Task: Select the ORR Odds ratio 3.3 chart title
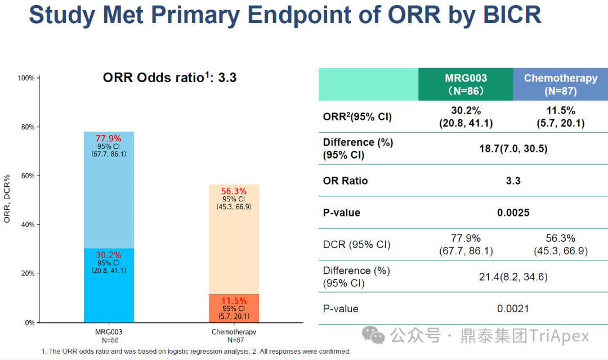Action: (169, 78)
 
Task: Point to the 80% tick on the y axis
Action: (28, 127)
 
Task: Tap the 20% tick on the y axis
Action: (28, 273)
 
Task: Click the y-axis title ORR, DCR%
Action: (7, 200)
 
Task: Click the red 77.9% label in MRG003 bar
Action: (109, 138)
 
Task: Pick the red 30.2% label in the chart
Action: (109, 255)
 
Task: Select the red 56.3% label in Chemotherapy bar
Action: (234, 191)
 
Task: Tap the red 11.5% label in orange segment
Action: (234, 301)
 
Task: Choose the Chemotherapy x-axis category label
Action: (234, 332)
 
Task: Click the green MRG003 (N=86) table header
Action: (466, 84)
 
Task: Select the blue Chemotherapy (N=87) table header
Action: (560, 84)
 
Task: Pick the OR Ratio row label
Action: (345, 181)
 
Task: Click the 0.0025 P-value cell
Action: (513, 213)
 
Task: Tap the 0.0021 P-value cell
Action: (513, 309)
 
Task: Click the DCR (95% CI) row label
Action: (356, 245)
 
